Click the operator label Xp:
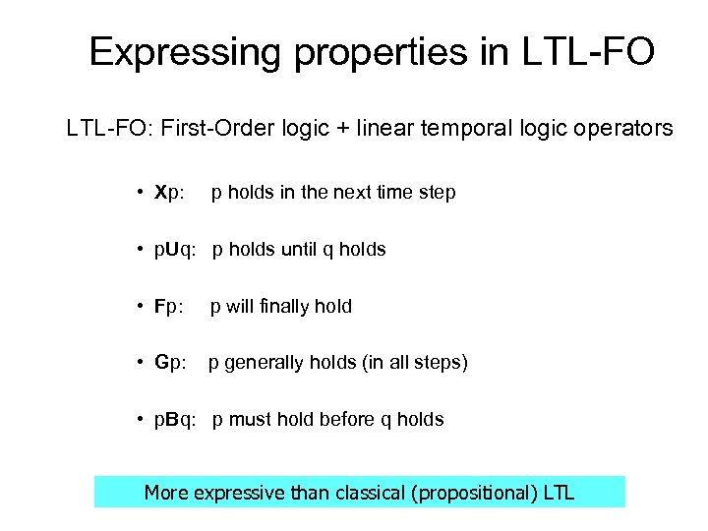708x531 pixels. [169, 193]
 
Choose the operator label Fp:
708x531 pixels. [169, 307]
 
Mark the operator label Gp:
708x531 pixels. [170, 364]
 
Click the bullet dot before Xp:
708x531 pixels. [143, 193]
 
